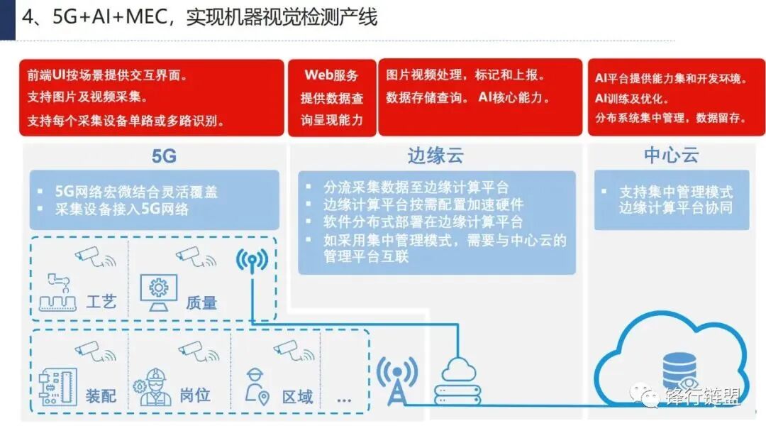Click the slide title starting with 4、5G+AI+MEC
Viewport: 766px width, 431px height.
pos(199,17)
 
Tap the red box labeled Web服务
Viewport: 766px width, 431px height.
pos(331,97)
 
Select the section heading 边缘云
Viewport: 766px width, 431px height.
pos(435,156)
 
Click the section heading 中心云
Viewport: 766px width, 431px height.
pos(671,156)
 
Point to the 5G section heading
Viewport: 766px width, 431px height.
pos(164,156)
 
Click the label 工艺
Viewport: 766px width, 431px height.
pos(101,302)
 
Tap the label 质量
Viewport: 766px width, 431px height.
pos(201,302)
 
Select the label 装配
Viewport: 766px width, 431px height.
pos(101,395)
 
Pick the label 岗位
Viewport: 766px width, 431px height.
pos(195,395)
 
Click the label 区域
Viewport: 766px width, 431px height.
pos(297,395)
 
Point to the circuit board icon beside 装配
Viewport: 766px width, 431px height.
pos(57,388)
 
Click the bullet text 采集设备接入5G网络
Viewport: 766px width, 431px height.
pos(122,209)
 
